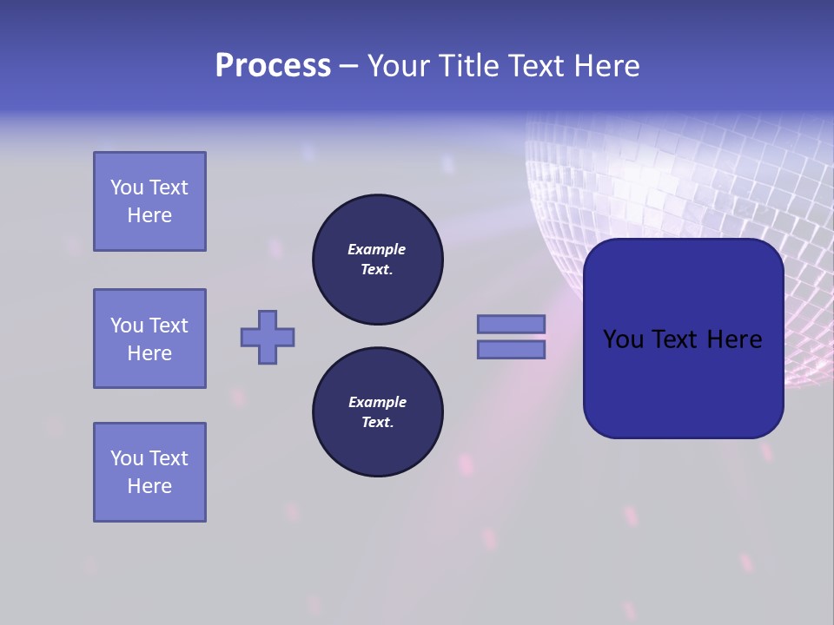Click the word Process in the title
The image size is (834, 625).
tap(273, 66)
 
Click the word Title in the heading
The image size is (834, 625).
tap(467, 66)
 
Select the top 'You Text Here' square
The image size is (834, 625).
tap(149, 201)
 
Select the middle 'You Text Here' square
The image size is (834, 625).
tap(149, 339)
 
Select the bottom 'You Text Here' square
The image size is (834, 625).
tap(149, 472)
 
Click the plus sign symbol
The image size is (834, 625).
tap(268, 337)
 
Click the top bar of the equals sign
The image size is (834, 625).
tap(511, 325)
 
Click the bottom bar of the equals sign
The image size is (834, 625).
tap(511, 350)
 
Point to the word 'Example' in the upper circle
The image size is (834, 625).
tap(377, 249)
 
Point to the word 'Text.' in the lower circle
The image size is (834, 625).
tap(377, 422)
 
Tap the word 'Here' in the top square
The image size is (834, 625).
tap(149, 215)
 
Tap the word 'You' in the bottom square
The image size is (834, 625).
tap(127, 458)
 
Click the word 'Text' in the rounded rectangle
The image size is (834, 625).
tap(680, 339)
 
